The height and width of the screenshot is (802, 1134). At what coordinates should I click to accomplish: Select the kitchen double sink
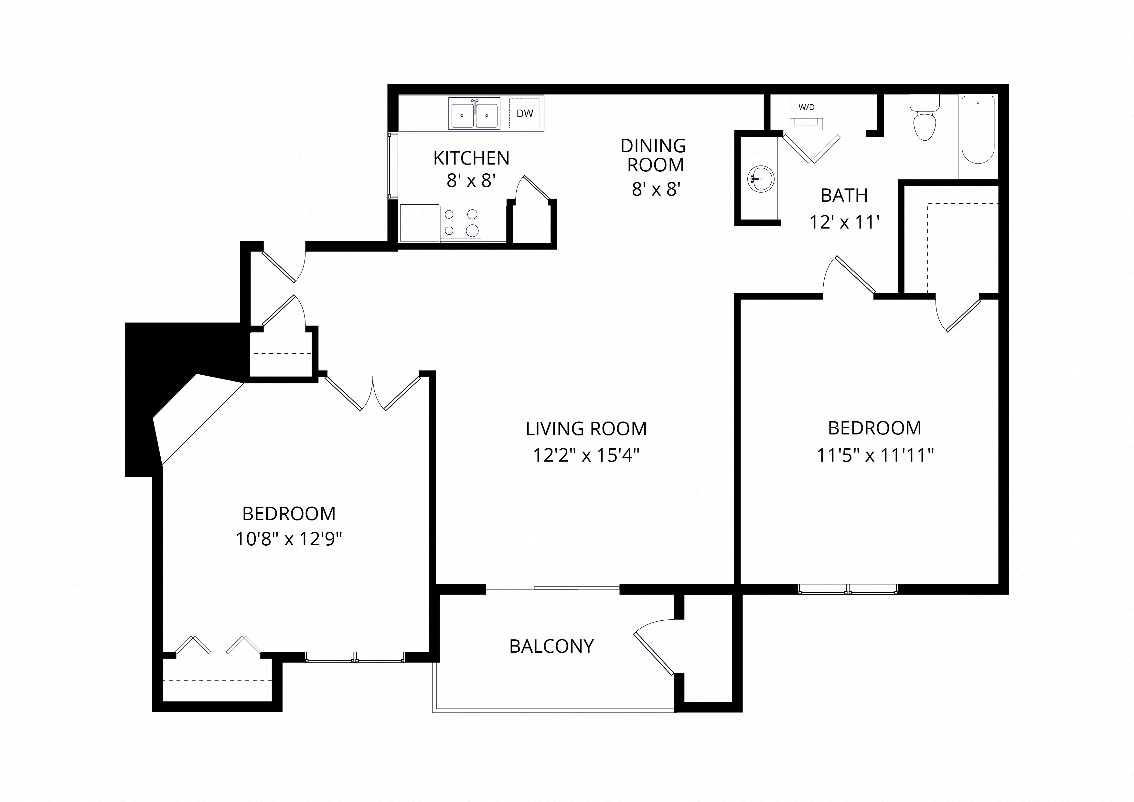click(x=474, y=113)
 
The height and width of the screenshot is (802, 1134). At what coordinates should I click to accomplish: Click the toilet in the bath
click(x=925, y=119)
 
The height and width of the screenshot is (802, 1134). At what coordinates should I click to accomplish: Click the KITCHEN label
click(x=471, y=158)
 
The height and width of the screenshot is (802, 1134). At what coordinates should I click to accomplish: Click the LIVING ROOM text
click(x=586, y=429)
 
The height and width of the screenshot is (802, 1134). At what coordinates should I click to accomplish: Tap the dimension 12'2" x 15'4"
click(x=586, y=455)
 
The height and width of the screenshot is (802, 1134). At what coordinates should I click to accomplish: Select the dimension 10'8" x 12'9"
click(x=289, y=539)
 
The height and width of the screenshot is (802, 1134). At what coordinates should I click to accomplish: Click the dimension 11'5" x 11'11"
click(x=875, y=455)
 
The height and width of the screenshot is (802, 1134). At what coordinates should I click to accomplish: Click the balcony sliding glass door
click(x=553, y=589)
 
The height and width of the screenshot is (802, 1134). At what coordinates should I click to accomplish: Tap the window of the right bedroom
click(x=848, y=589)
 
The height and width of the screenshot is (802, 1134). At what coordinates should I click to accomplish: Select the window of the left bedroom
click(x=355, y=657)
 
